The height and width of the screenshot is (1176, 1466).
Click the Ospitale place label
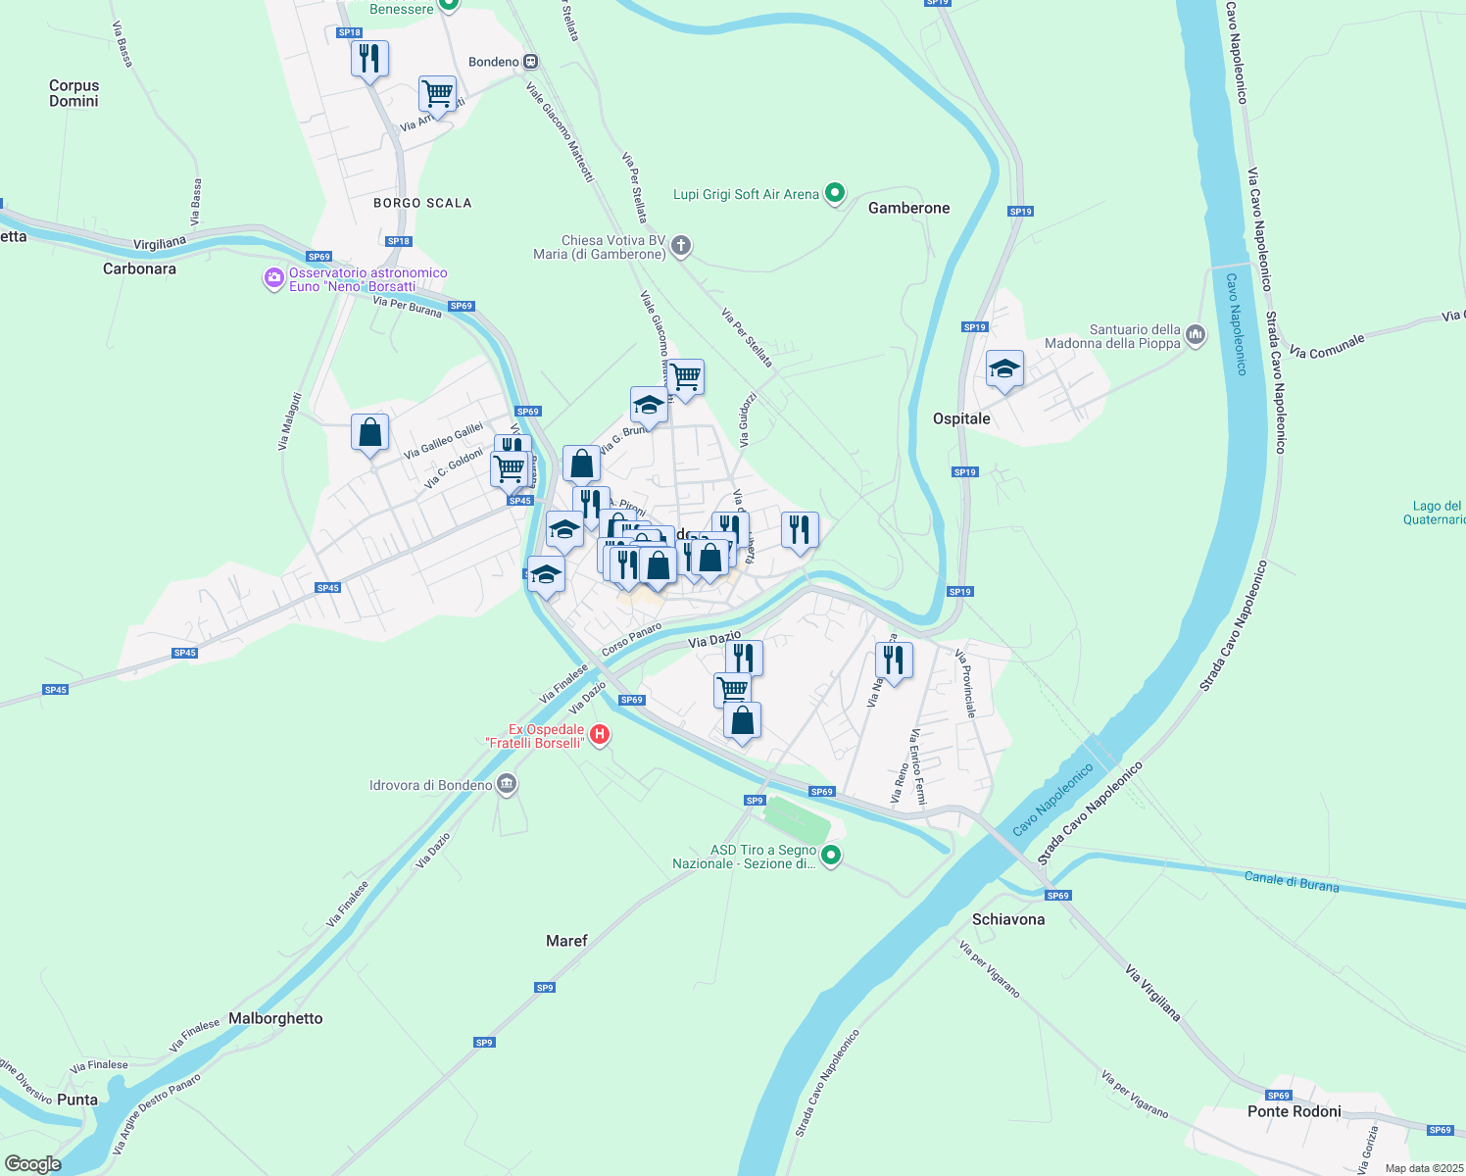point(961,418)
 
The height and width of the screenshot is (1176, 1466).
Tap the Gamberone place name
point(908,208)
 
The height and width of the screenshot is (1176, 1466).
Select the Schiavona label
point(1008,919)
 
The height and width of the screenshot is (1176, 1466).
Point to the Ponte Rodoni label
point(1295,1111)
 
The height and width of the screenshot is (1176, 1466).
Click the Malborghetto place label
point(275,1018)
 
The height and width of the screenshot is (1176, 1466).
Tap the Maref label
point(566,941)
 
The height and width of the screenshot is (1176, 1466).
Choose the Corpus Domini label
point(74,93)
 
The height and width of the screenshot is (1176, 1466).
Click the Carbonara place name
point(139,269)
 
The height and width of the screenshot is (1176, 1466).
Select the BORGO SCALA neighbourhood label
point(422,203)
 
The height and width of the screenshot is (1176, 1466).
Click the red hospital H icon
point(599,734)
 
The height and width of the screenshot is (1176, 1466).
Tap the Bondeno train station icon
point(530,62)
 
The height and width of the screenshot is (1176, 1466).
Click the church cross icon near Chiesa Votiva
point(681,246)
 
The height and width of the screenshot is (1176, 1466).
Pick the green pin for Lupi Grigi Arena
point(834,193)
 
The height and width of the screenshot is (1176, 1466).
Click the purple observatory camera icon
point(273,279)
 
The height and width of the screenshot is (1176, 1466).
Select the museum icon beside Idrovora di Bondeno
point(507,784)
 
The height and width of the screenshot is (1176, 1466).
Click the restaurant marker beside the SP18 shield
point(369,60)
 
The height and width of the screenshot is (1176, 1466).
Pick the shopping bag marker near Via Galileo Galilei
point(369,432)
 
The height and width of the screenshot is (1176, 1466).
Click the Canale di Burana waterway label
point(1291,881)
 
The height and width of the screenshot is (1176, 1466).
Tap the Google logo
point(33,1164)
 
